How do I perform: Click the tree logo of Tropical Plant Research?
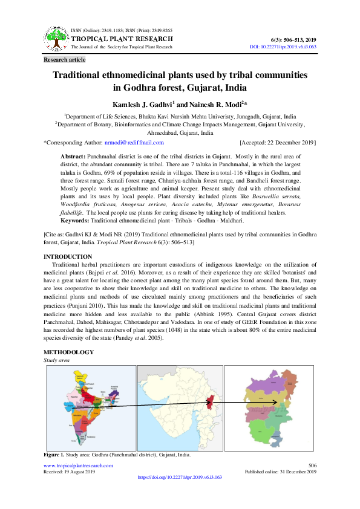click(56, 39)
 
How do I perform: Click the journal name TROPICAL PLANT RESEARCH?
click(122, 39)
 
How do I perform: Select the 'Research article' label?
click(65, 60)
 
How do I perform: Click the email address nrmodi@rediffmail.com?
click(134, 143)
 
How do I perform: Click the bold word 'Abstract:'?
click(73, 157)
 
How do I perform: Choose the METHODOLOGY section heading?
click(68, 352)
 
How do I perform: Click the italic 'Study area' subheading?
click(56, 360)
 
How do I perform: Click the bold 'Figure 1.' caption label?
click(53, 454)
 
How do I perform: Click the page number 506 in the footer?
click(312, 465)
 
